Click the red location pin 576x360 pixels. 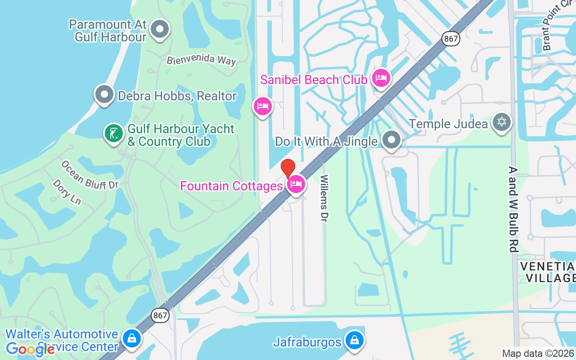tap(288, 168)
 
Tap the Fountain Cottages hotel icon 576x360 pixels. tap(296, 184)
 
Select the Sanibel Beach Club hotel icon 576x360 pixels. tap(381, 78)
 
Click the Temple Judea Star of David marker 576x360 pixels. tap(501, 122)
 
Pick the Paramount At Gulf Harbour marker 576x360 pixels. tap(159, 29)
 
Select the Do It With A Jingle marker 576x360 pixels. tap(391, 140)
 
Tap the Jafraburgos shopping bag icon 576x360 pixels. tap(355, 341)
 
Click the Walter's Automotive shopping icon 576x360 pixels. tap(131, 339)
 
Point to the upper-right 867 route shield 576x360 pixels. tap(450, 39)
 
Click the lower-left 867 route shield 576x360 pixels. tap(160, 315)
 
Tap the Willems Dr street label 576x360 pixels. tap(324, 198)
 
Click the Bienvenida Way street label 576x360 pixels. tap(201, 60)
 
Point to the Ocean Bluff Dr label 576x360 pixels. tap(90, 175)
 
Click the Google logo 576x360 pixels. tap(30, 349)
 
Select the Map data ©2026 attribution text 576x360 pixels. tap(538, 353)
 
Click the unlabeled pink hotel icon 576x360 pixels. tap(262, 107)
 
